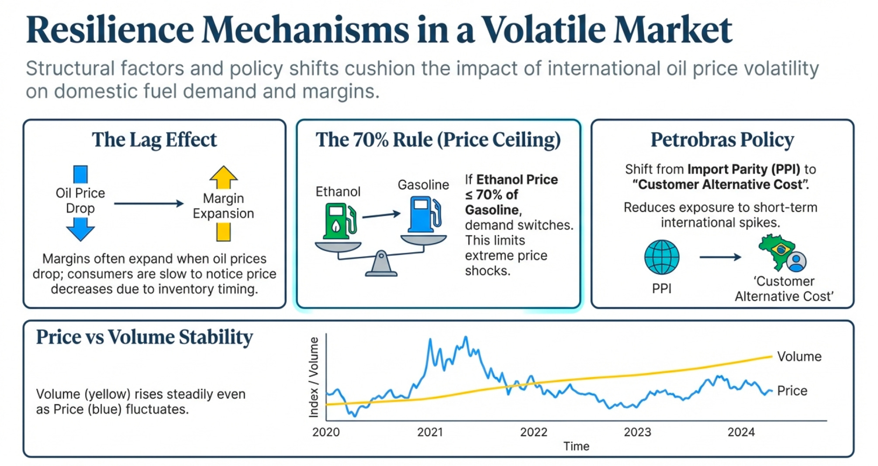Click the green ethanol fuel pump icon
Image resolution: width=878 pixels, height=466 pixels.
[339, 221]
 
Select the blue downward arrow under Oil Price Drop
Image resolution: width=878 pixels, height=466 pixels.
[80, 229]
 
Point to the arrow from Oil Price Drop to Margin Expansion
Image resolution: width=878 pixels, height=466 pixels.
[149, 203]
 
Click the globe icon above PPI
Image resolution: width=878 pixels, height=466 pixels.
[662, 257]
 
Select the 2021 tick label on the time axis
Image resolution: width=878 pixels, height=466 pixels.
[430, 432]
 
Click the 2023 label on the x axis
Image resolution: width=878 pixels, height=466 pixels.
[637, 432]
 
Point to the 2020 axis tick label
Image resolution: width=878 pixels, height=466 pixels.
[326, 432]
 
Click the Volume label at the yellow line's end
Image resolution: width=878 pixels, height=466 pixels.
[799, 356]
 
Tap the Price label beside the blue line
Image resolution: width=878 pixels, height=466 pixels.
[792, 391]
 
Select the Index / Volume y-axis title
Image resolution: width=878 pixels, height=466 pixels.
[314, 377]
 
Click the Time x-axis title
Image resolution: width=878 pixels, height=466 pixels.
[576, 446]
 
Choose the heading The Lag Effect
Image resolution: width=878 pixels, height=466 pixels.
[154, 140]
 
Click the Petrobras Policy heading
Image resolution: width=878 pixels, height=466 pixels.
[722, 140]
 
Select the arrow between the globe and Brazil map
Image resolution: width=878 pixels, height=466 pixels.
[720, 257]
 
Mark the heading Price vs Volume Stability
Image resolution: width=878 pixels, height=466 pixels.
[144, 337]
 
